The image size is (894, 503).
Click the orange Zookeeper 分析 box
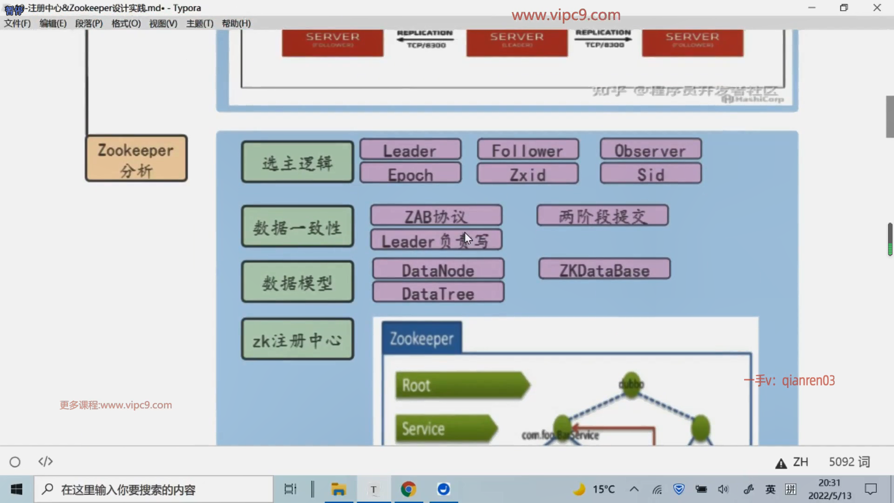136,158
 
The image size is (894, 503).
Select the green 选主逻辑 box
297,162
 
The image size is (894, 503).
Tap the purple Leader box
410,150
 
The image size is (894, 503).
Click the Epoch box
410,174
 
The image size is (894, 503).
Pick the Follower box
528,150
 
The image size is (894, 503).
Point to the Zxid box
528,174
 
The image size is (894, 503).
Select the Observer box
650,150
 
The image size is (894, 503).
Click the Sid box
650,174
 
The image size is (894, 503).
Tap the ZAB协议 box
436,216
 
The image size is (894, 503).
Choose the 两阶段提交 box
603,216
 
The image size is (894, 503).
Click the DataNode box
438,270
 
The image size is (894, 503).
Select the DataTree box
438,293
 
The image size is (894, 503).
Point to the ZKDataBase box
604,270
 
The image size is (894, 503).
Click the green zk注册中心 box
297,340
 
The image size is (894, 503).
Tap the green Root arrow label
461,385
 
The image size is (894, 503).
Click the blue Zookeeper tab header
421,338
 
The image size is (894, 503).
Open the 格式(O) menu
126,23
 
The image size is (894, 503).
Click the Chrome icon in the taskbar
408,489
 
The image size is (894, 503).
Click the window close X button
877,8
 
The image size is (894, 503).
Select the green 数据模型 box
297,282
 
